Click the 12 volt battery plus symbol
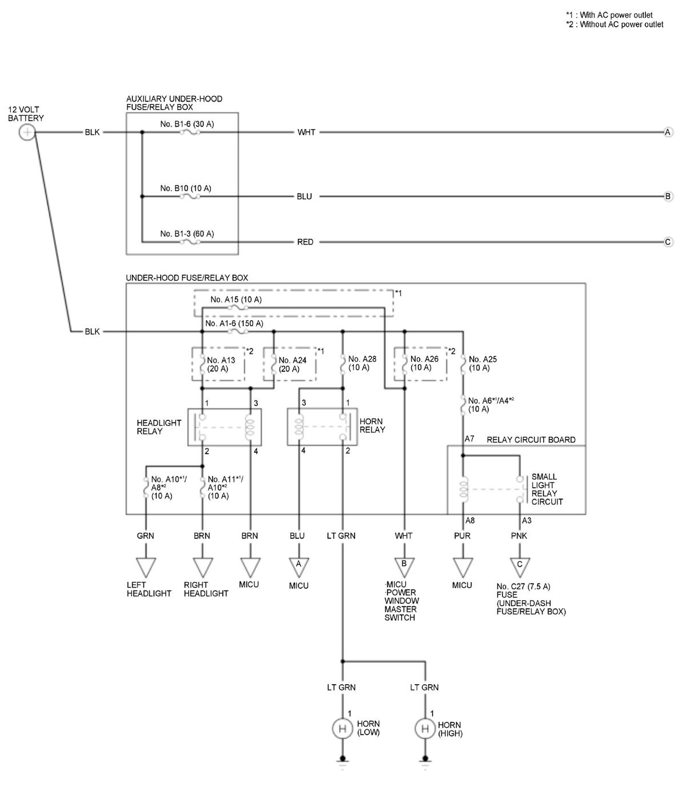tap(27, 132)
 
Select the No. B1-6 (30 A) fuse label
tap(187, 124)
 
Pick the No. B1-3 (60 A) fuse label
tap(187, 234)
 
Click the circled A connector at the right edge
tap(668, 132)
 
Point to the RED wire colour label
tap(305, 242)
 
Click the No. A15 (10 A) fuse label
tap(236, 299)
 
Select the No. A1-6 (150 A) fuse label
tap(234, 323)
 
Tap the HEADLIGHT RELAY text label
tap(159, 427)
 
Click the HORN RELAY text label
tap(372, 425)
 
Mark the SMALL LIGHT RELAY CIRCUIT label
tap(547, 489)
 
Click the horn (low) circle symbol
tap(343, 729)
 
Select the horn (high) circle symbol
tap(425, 729)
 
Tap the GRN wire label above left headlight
tap(145, 536)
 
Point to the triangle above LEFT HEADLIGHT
tap(145, 567)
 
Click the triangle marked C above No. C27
tap(520, 566)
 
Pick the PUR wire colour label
tap(462, 536)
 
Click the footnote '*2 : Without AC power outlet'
tap(615, 25)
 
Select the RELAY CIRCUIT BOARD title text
tap(531, 440)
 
